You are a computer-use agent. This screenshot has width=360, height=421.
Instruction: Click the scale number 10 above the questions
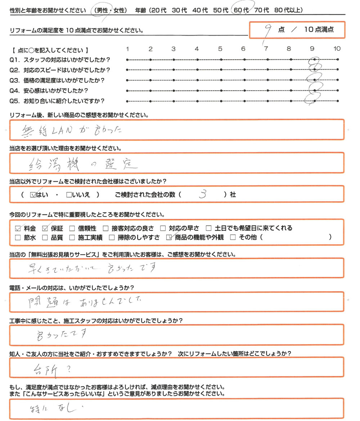point(337,49)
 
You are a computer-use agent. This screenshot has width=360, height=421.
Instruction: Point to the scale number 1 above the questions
point(127,49)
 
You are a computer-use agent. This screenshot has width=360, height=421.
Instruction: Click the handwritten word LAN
point(64,131)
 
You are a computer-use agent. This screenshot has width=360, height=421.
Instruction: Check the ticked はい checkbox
point(33,195)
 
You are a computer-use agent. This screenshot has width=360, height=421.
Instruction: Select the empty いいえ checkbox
point(69,195)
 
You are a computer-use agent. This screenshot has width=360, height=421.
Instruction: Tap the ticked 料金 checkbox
point(18,228)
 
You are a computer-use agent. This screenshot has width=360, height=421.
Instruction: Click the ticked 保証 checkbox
point(45,228)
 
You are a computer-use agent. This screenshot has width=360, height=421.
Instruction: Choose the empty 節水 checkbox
point(18,237)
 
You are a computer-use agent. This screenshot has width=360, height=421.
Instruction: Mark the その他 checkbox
point(233,237)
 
